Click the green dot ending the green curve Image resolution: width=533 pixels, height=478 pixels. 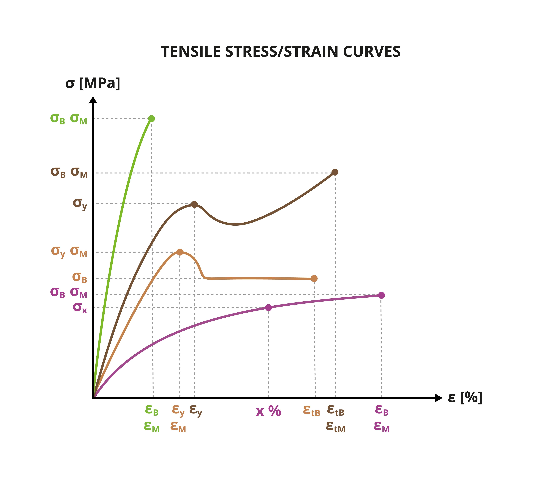(151, 119)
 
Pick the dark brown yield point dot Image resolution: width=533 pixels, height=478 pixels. (194, 204)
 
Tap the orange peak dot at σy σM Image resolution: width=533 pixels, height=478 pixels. (180, 252)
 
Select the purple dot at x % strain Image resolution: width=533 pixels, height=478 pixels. (268, 308)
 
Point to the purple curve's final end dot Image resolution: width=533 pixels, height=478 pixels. (381, 295)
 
